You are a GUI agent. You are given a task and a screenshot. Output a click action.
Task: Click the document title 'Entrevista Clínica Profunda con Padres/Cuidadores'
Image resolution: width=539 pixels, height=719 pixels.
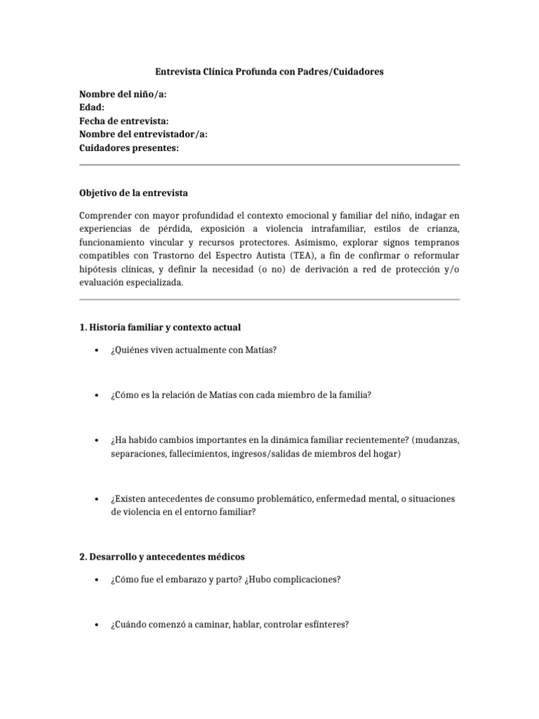(269, 72)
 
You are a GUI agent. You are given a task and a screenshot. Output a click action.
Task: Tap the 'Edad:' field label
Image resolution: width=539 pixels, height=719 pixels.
(92, 107)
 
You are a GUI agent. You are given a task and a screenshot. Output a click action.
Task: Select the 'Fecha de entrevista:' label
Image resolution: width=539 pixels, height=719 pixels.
(124, 121)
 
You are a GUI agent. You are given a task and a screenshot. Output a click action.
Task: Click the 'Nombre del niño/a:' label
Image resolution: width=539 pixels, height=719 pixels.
(123, 94)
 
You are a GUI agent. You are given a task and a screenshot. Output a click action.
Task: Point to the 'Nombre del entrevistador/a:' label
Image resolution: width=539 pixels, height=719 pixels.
(143, 134)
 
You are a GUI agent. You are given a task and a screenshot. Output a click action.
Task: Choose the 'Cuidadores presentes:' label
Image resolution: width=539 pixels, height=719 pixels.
(128, 147)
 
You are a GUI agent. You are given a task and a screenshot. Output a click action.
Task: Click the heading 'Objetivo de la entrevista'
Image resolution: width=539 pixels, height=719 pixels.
(133, 192)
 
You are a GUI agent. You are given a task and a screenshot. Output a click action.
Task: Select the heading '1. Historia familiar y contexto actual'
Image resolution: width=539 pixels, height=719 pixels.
(161, 327)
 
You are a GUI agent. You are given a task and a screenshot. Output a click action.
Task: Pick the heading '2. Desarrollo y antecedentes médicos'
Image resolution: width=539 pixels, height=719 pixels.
(162, 557)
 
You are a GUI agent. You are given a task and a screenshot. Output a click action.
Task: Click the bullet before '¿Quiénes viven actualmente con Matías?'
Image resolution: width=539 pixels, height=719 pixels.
(95, 351)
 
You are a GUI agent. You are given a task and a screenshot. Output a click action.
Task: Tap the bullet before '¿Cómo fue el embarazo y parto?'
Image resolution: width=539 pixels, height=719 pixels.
(95, 581)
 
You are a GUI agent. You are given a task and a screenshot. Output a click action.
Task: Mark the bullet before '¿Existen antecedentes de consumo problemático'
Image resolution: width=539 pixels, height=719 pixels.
(95, 499)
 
